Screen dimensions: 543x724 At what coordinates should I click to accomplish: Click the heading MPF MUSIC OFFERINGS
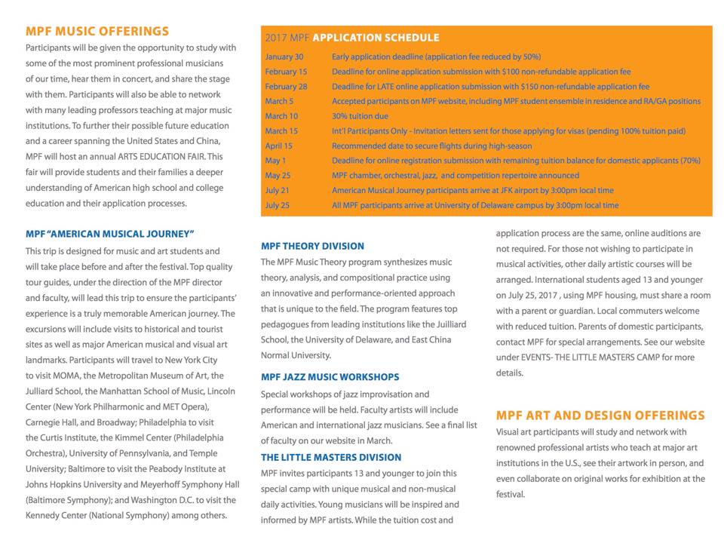[97, 32]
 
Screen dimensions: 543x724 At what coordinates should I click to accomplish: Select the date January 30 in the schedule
[284, 57]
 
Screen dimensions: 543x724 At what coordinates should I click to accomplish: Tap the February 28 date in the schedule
[286, 87]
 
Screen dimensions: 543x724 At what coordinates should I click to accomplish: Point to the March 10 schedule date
[281, 116]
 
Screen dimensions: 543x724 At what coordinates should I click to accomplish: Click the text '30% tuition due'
[360, 116]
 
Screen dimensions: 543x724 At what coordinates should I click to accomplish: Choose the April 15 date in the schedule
[279, 146]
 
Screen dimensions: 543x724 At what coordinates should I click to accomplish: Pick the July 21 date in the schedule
[278, 190]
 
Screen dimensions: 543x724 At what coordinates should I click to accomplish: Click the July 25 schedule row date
[278, 205]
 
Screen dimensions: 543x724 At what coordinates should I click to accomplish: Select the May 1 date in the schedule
[275, 161]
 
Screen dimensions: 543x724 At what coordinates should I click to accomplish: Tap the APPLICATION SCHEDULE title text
[376, 38]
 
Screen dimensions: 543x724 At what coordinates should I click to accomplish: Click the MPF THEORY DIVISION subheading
[312, 246]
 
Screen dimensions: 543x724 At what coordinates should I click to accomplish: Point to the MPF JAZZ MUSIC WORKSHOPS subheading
[330, 376]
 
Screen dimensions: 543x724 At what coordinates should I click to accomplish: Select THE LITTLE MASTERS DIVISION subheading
[331, 457]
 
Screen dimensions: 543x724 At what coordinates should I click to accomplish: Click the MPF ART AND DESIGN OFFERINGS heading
[600, 416]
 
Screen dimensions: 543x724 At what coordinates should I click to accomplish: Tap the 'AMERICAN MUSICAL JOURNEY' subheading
[110, 234]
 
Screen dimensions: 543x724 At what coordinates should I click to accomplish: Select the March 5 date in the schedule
[279, 101]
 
